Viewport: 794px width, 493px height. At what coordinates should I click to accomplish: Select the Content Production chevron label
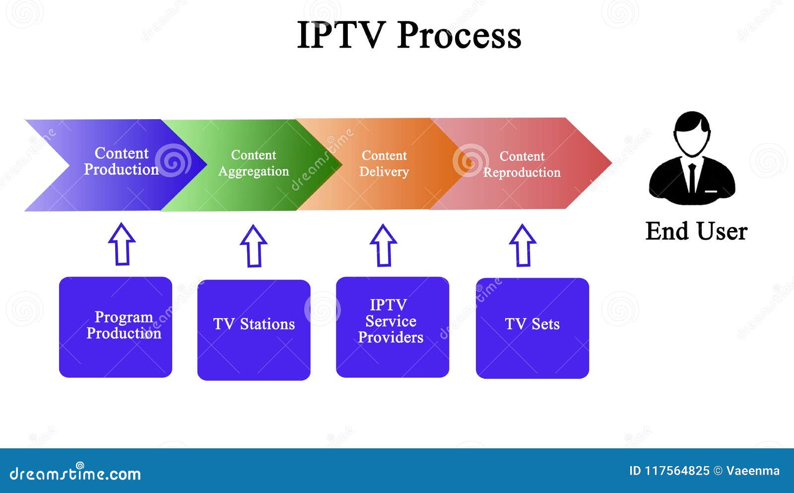click(121, 161)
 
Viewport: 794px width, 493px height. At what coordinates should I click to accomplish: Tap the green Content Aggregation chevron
click(253, 163)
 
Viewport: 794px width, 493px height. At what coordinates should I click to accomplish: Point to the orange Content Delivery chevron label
click(384, 163)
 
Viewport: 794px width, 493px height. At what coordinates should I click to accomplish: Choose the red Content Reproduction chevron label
click(522, 164)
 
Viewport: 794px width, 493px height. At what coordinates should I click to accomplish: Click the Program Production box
click(116, 327)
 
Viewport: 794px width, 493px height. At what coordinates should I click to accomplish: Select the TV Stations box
click(254, 330)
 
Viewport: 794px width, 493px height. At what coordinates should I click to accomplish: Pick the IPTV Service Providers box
click(392, 327)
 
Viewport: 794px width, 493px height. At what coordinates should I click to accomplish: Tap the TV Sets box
click(532, 328)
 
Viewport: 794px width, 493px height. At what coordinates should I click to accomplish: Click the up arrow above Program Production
click(122, 244)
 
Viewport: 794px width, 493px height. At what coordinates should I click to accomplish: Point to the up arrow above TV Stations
click(254, 246)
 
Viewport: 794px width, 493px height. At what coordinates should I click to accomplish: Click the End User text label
click(696, 231)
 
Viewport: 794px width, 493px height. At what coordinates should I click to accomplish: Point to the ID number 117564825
click(677, 471)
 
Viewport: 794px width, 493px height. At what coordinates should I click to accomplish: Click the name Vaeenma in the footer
click(752, 471)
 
